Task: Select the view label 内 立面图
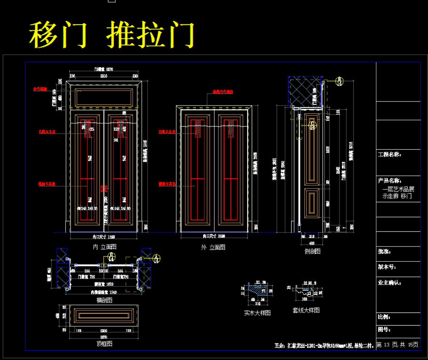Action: pos(104,247)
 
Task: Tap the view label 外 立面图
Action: pos(213,247)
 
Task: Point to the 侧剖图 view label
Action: pos(312,251)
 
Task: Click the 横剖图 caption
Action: pos(104,300)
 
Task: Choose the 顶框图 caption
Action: pos(104,343)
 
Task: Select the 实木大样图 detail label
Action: pos(257,313)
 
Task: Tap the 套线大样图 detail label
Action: pos(306,310)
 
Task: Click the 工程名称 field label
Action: pos(389,154)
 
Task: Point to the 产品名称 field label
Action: pos(389,181)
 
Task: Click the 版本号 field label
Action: pos(387,267)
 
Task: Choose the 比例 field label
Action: pos(384,317)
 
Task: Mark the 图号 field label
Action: pos(384,330)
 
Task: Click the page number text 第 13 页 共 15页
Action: pos(397,345)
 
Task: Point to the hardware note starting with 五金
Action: pos(324,345)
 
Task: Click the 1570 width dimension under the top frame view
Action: pos(104,337)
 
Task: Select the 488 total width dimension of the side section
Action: pos(312,243)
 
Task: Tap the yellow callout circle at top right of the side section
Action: pos(339,81)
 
